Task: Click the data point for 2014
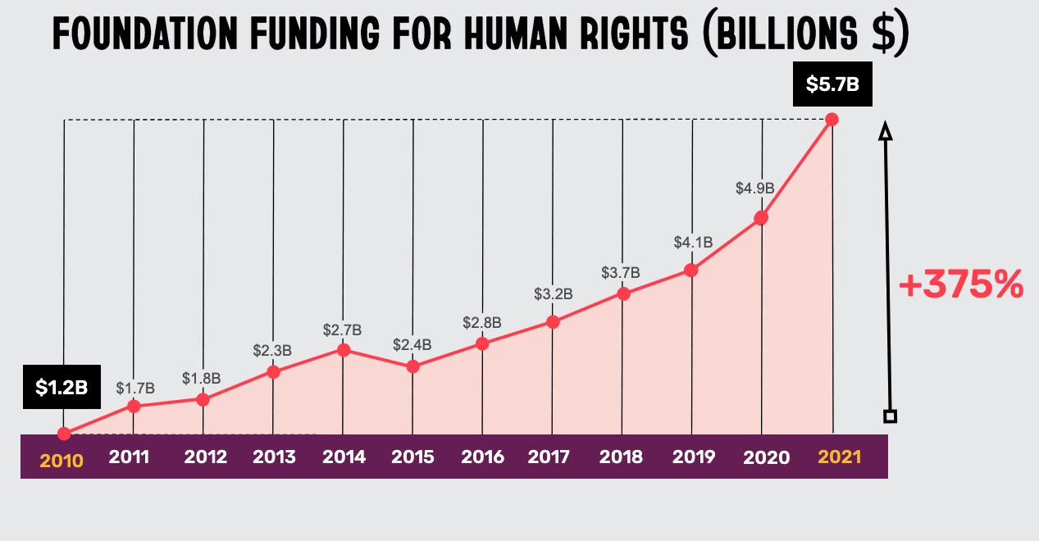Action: [x=344, y=350]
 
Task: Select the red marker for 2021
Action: [x=832, y=120]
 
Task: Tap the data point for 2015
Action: [x=413, y=366]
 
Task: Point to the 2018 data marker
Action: [x=623, y=293]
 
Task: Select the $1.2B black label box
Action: [x=62, y=387]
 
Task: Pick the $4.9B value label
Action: [x=754, y=189]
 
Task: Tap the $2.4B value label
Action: [x=412, y=345]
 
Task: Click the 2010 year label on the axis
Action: [x=62, y=461]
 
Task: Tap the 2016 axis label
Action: [x=482, y=457]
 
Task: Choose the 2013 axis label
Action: [x=274, y=457]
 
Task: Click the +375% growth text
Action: [x=961, y=286]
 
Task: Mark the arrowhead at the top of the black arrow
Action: [x=884, y=132]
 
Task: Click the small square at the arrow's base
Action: [x=891, y=416]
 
